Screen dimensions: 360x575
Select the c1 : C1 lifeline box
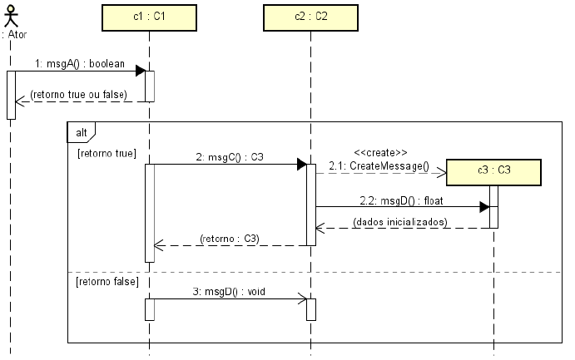click(148, 17)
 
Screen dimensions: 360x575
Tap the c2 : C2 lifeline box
click(310, 17)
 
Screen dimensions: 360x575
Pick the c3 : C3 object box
click(494, 170)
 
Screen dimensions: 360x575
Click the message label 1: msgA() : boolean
click(81, 63)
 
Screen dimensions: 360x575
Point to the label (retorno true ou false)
click(78, 94)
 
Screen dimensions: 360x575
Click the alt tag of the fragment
click(82, 131)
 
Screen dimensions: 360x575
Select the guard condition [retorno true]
click(106, 153)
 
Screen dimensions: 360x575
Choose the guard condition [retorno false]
click(107, 282)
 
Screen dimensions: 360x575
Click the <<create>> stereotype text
click(380, 152)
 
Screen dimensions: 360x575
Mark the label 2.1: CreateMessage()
click(379, 166)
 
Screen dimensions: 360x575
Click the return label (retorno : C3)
click(230, 239)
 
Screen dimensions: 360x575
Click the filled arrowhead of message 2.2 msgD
click(484, 206)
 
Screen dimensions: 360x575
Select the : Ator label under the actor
click(14, 36)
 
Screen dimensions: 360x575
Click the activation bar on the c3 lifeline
click(493, 206)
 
